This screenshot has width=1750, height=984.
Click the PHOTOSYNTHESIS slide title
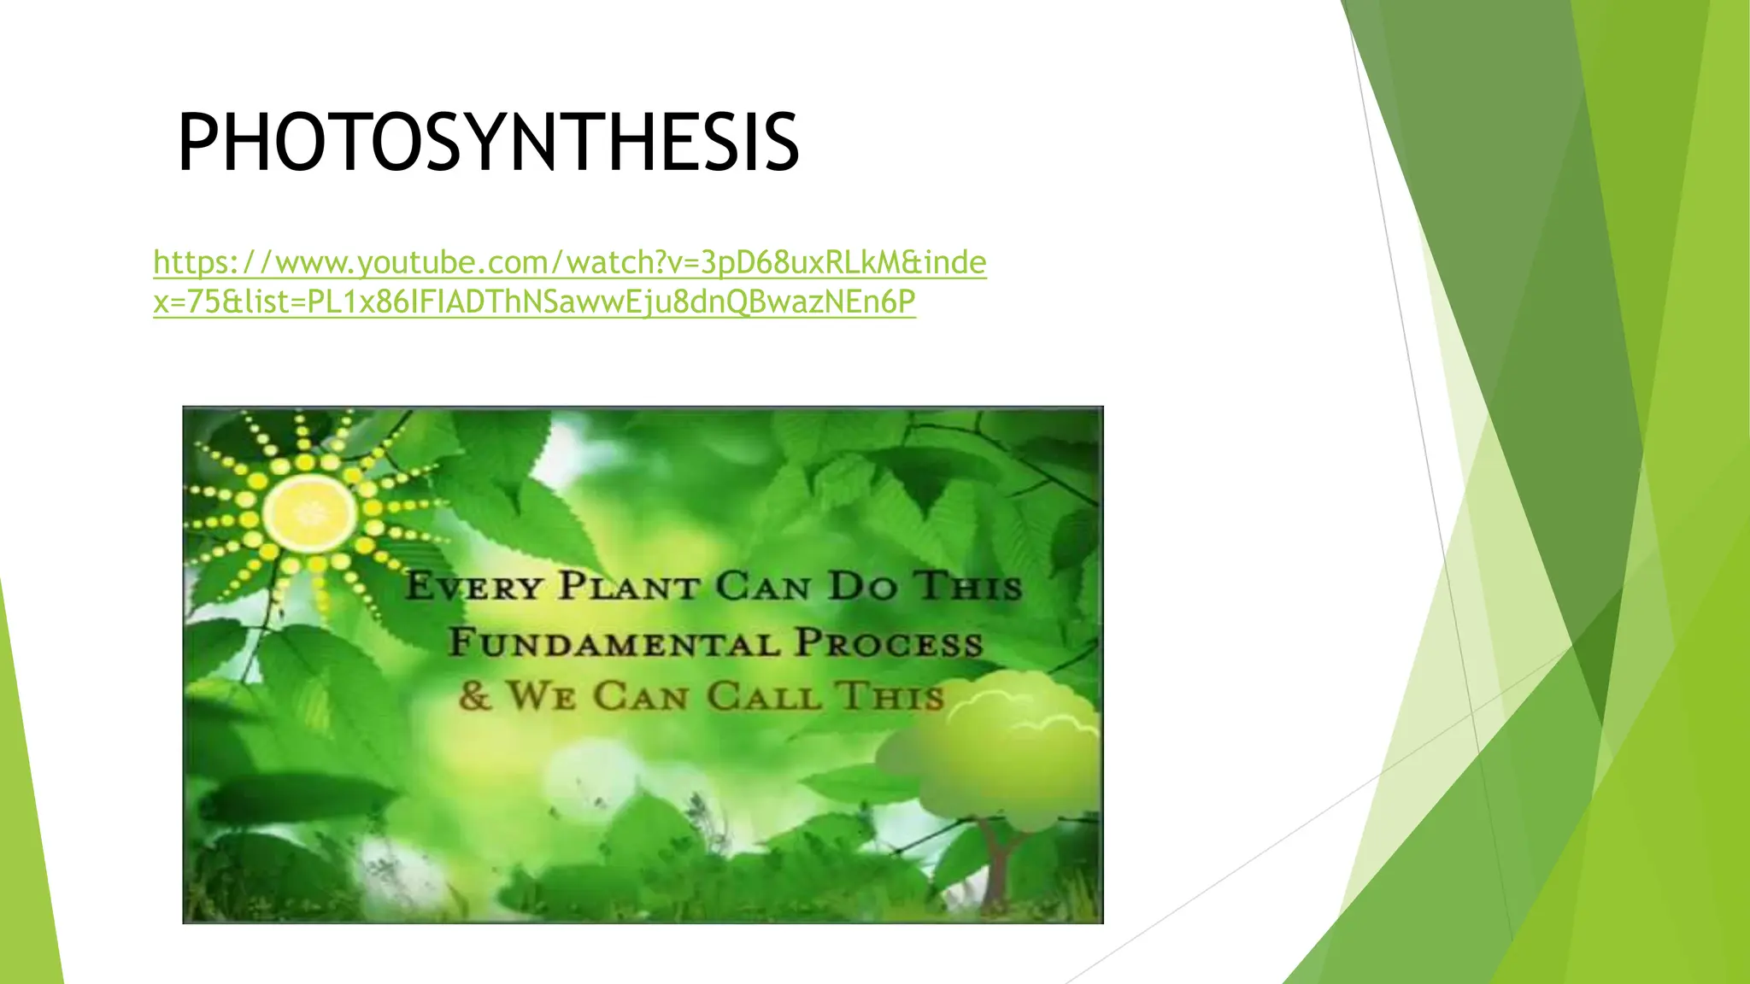click(x=488, y=143)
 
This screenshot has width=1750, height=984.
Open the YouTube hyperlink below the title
click(x=569, y=282)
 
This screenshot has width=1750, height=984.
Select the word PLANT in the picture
click(x=630, y=587)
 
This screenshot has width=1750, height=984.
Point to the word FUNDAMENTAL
click(x=614, y=642)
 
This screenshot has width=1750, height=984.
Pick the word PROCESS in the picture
click(x=889, y=642)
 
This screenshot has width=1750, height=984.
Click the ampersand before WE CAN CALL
click(x=474, y=695)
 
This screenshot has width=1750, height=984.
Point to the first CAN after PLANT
click(x=763, y=587)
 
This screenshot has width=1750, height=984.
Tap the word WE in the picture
click(x=541, y=695)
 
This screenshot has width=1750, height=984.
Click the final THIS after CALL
click(x=890, y=695)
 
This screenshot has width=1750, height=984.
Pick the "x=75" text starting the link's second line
click(x=187, y=302)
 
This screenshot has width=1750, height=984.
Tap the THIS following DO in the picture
click(x=969, y=587)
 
